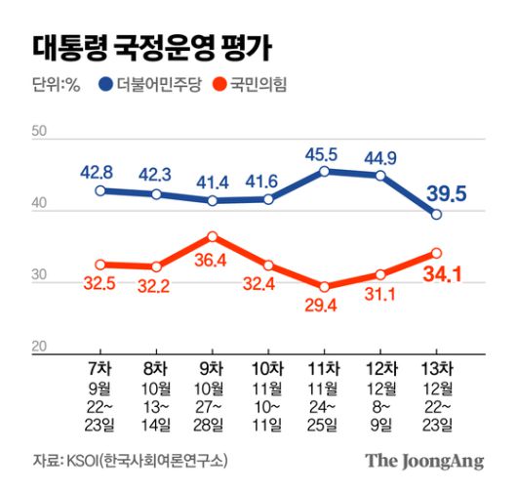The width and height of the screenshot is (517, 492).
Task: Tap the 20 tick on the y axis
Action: coord(40,347)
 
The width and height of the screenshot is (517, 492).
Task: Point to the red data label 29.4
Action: coord(323,307)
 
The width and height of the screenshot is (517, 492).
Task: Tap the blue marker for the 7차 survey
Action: coord(99,190)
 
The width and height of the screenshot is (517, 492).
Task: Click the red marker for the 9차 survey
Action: coord(212,236)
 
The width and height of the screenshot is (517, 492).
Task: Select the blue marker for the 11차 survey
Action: coord(324,171)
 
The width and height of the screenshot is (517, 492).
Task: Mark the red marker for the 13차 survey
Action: coord(436,253)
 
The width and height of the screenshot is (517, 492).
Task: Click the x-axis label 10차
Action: coord(268,369)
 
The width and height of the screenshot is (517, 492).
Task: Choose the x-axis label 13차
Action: coord(436,369)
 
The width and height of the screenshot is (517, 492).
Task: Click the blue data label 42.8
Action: coord(99,173)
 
